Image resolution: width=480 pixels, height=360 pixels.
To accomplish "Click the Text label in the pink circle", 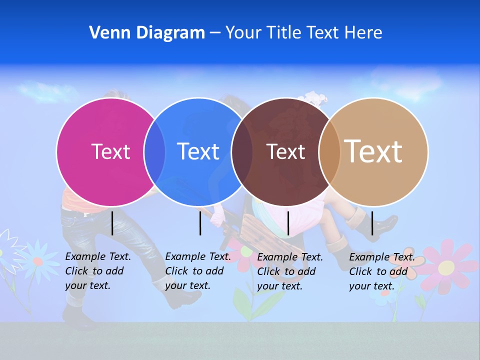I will tap(110, 151).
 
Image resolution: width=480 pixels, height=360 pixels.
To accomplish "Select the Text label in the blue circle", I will tap(198, 151).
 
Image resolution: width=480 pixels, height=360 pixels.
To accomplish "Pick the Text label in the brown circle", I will tap(285, 151).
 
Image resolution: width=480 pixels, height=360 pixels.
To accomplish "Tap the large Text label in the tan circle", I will tap(373, 151).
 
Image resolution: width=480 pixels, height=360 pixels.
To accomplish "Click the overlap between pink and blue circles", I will tap(154, 151).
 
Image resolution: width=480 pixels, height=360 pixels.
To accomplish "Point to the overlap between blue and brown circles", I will tap(242, 151).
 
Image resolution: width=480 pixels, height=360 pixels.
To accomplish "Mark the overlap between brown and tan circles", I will tap(329, 151).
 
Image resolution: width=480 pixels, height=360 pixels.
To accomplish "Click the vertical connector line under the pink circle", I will tap(112, 223).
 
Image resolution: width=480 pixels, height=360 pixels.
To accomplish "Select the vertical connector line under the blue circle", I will tap(200, 223).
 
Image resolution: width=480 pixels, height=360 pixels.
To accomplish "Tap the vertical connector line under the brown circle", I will tap(288, 223).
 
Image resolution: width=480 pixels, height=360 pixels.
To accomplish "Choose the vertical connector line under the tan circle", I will tap(372, 223).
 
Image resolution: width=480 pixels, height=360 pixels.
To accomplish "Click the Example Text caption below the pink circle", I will tap(98, 271).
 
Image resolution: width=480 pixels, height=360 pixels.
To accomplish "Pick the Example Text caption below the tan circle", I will tap(382, 271).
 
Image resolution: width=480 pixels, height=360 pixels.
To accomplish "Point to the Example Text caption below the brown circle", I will tap(290, 271).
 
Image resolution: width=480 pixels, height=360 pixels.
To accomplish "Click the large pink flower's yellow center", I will tap(446, 267).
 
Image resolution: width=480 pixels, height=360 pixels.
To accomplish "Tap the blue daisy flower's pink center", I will tap(37, 261).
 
